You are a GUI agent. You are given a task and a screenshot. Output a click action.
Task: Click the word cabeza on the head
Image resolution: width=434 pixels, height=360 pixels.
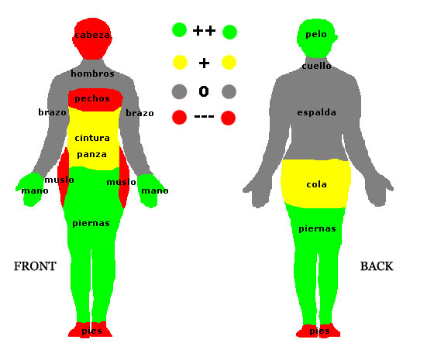click(92, 35)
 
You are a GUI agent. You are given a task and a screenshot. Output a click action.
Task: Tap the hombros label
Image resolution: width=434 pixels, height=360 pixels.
click(92, 74)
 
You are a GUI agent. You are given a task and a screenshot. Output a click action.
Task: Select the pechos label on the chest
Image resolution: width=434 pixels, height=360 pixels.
click(92, 99)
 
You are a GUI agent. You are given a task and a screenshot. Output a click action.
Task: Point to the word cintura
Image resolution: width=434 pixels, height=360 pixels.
click(92, 138)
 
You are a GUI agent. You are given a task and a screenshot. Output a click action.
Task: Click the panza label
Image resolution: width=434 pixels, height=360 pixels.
click(92, 155)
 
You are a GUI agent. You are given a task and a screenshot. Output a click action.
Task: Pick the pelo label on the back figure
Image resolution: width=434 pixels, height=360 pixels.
click(316, 35)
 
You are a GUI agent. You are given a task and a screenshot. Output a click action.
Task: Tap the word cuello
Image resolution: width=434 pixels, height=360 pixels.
click(317, 66)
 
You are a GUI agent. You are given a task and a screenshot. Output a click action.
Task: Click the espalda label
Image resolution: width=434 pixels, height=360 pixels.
click(317, 112)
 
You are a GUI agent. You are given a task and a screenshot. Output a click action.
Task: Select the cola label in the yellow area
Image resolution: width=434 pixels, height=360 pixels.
click(317, 184)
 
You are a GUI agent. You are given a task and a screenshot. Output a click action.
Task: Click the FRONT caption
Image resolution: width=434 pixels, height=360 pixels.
click(35, 266)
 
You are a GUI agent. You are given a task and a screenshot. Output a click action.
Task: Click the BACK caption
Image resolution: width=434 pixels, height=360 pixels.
click(377, 266)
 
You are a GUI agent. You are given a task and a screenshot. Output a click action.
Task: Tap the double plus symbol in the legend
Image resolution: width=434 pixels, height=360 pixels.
click(204, 30)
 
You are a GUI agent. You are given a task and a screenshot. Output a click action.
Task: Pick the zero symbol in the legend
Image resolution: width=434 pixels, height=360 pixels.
click(204, 91)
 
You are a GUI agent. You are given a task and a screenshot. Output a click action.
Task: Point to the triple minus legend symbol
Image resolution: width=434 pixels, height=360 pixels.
click(205, 117)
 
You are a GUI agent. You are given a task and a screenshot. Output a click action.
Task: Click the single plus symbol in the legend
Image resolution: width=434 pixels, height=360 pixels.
click(204, 63)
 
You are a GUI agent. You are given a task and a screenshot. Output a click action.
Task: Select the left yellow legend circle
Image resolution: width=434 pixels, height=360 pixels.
click(180, 62)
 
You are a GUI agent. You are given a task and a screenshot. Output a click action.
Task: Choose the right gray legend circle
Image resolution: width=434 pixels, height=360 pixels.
click(229, 92)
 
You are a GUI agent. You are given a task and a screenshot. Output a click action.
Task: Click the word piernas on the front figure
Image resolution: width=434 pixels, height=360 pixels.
click(91, 224)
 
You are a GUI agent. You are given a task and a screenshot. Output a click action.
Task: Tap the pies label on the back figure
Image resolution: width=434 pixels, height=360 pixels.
click(319, 331)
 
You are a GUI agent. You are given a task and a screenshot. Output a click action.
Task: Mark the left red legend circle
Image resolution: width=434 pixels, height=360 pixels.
click(179, 117)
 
